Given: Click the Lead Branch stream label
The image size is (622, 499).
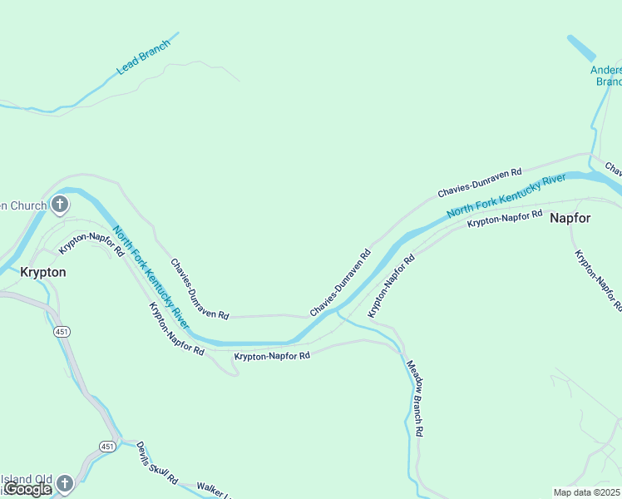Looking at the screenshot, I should click(x=143, y=57).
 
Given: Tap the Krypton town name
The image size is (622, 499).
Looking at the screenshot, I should click(x=42, y=272).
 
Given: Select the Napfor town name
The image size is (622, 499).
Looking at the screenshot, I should click(x=570, y=218).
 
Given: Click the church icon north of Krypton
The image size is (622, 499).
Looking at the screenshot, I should click(x=59, y=204).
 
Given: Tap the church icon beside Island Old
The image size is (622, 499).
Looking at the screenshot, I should click(x=64, y=483).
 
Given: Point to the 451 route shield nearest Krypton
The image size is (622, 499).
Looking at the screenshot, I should click(x=64, y=332).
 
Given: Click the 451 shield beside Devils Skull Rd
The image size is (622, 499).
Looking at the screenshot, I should click(x=107, y=447).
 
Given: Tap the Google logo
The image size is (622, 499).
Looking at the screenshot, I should click(x=27, y=489).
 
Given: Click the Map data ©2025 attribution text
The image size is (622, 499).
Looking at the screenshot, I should click(x=587, y=492).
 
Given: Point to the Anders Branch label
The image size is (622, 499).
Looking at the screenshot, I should click(x=606, y=76).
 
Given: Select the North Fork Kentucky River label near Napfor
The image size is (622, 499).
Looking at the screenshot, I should click(x=506, y=197).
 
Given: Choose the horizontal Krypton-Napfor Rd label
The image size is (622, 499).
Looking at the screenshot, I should click(x=272, y=356).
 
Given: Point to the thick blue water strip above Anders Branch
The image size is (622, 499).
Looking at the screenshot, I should click(x=581, y=47).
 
